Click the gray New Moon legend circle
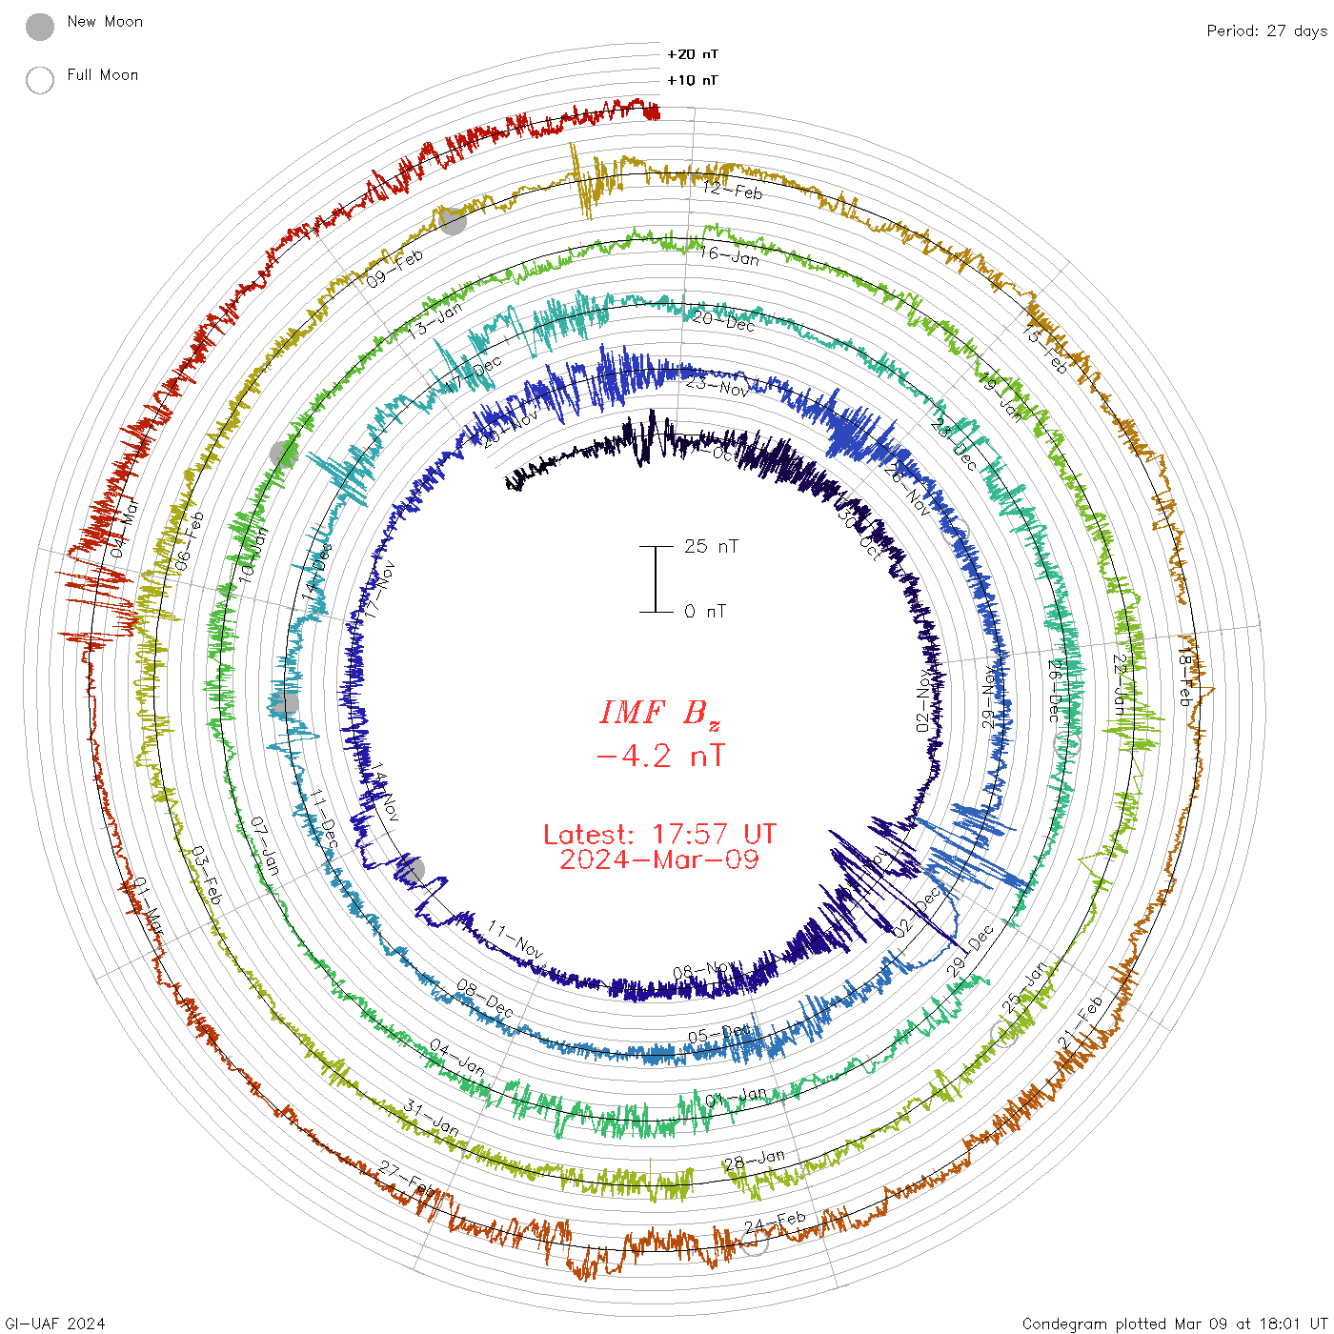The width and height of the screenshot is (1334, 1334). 40,28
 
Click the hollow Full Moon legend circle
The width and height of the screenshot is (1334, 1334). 40,80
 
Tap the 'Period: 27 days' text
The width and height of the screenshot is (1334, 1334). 1266,30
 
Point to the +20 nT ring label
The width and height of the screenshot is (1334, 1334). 693,54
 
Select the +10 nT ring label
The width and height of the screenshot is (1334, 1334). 693,80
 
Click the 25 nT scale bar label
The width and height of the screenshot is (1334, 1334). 711,546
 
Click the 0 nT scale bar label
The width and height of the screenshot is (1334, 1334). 705,611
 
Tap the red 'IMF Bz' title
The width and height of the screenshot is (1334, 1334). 659,713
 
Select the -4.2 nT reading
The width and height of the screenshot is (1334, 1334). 659,756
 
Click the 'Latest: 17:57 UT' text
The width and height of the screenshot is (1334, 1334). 659,835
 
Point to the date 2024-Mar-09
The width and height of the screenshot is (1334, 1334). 659,859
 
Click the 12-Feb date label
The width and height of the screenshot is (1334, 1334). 733,190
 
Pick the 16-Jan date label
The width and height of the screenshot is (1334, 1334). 729,254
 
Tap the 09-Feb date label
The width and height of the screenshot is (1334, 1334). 394,269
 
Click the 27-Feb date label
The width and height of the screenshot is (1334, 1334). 407,1176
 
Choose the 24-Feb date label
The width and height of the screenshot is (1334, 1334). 775,1221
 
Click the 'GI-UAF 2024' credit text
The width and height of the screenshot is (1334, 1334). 55,1324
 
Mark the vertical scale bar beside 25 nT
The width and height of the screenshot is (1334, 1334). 656,578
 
